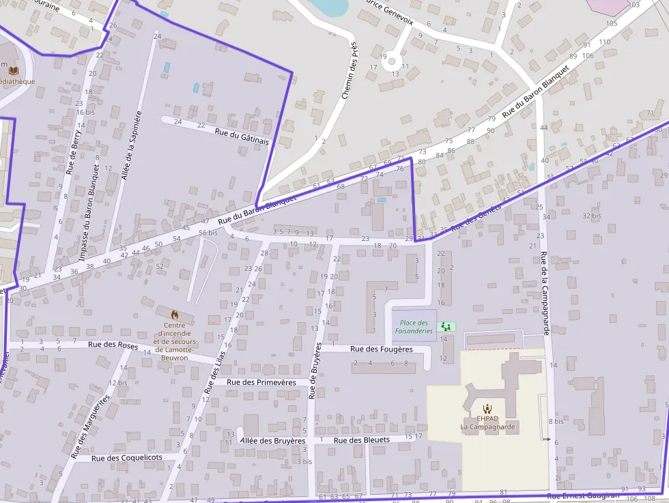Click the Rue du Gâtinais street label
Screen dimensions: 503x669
point(242,135)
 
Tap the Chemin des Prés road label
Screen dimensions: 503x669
point(350,70)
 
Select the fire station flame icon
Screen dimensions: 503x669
point(175,315)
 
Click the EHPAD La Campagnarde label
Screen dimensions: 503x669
point(487,422)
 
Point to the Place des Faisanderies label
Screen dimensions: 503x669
point(413,327)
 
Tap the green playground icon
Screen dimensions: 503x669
point(447,326)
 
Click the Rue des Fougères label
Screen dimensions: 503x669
point(382,349)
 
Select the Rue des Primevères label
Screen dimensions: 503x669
point(261,382)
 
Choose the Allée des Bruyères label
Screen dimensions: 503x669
point(273,441)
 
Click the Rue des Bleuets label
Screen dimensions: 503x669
point(362,440)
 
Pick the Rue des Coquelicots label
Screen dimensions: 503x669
point(127,457)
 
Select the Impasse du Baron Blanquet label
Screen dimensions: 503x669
point(90,212)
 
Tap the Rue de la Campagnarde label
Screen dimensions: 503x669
point(545,292)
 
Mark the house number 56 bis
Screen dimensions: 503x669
point(208,233)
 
